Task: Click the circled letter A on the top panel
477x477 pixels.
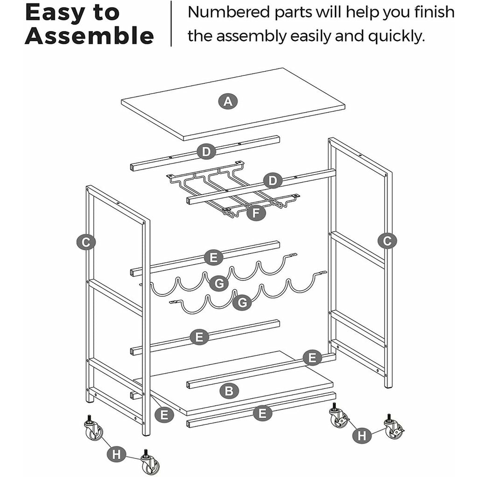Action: pos(228,101)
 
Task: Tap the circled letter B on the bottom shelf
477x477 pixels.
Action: pos(229,391)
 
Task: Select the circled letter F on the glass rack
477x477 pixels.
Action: pos(256,213)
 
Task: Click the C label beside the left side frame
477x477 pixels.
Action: pos(86,242)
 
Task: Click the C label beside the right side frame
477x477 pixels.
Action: pos(387,241)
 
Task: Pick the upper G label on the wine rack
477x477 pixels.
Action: pos(219,284)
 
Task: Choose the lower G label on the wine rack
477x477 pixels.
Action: pos(242,303)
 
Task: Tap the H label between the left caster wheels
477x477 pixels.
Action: pos(116,455)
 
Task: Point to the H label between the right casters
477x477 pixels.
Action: pos(362,436)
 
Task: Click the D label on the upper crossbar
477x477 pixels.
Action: pos(206,152)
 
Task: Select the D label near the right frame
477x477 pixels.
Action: pos(273,181)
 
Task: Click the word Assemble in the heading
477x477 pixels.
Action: pos(89,35)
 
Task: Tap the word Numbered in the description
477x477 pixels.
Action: pos(229,12)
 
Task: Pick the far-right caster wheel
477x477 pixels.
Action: pos(394,427)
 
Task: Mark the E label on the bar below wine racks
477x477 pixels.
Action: pos(199,337)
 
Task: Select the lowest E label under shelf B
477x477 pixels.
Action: pos(263,413)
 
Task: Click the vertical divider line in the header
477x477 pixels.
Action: pos(171,23)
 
